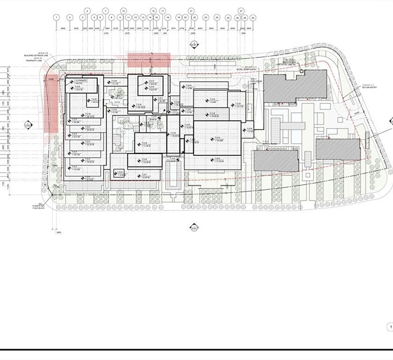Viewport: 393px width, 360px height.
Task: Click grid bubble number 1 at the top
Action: coord(56,17)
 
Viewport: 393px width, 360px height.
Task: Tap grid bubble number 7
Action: coord(106,10)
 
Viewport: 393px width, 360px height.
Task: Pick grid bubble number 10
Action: coord(124,10)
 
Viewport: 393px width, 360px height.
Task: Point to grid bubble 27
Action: coord(241,10)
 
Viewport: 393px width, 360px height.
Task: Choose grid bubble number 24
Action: coord(217,17)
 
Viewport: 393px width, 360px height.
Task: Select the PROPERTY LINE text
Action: coord(35,61)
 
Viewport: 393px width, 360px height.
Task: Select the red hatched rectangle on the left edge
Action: coord(51,103)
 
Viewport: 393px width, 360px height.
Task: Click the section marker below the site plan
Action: coord(194,228)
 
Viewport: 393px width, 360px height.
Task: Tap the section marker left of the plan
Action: coord(28,125)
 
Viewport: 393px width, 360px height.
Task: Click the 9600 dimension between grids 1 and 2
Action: coord(63,29)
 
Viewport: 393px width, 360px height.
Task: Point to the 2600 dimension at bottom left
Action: coord(58,232)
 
